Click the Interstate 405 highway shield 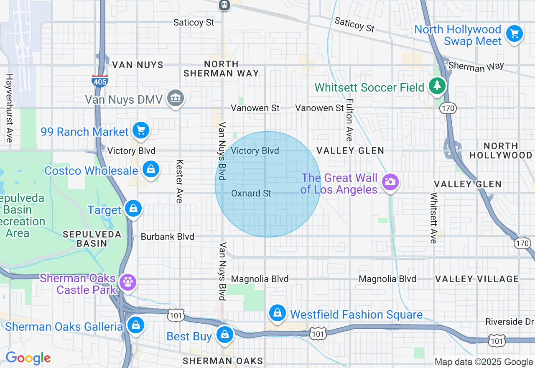(x=100, y=81)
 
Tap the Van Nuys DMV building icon (x=176, y=98)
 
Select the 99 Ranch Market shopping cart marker (x=141, y=130)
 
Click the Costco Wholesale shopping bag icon (x=150, y=169)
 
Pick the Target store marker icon (x=133, y=208)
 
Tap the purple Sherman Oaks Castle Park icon (x=127, y=283)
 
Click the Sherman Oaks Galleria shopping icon (x=135, y=325)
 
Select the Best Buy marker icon (x=225, y=335)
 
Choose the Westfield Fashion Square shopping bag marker (x=277, y=313)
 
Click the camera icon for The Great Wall (x=390, y=182)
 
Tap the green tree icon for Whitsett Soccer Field (x=437, y=86)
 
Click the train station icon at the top (x=224, y=5)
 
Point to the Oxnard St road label (x=251, y=194)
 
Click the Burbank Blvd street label (x=167, y=237)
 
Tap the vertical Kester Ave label (x=180, y=181)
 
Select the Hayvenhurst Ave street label (x=9, y=108)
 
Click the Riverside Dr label (x=510, y=322)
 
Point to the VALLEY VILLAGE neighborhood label (x=477, y=279)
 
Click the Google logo (x=28, y=358)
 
